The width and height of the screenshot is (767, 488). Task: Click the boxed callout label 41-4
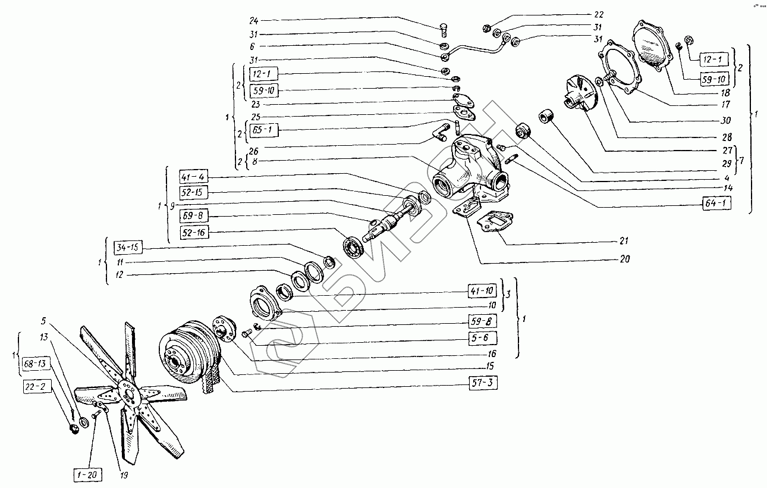194,177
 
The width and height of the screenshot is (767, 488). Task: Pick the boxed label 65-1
263,129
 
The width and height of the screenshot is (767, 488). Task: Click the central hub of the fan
126,392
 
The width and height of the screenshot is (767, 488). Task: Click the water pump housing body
470,173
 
